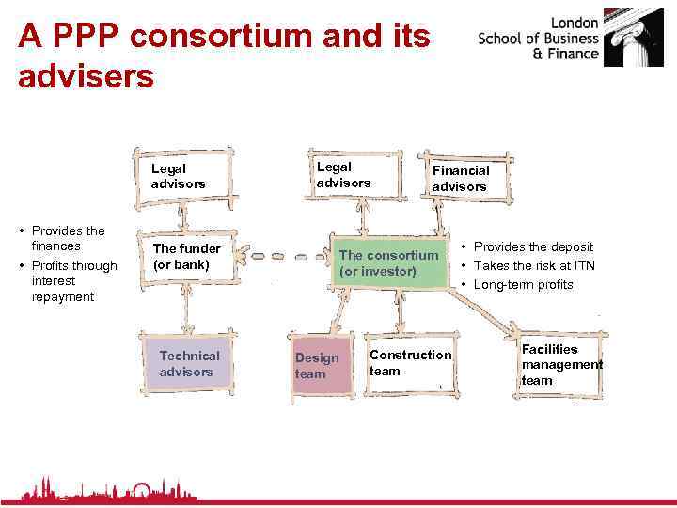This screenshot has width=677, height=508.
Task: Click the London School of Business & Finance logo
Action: pos(573,40)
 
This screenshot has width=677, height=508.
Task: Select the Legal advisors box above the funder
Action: pos(184,175)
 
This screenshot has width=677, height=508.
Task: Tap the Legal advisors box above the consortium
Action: pos(350,174)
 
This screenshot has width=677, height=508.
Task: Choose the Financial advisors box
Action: pos(464,178)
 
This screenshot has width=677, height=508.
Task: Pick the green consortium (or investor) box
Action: pos(388,263)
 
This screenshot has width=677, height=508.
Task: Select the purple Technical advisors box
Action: pos(189,363)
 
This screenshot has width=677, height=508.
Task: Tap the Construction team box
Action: pos(409,363)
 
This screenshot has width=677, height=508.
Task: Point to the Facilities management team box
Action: pos(560,364)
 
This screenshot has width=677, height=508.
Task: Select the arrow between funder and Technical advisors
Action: pos(187,306)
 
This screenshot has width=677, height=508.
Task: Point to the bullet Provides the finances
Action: pos(68,238)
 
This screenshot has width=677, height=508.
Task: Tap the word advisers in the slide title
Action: pos(86,76)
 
